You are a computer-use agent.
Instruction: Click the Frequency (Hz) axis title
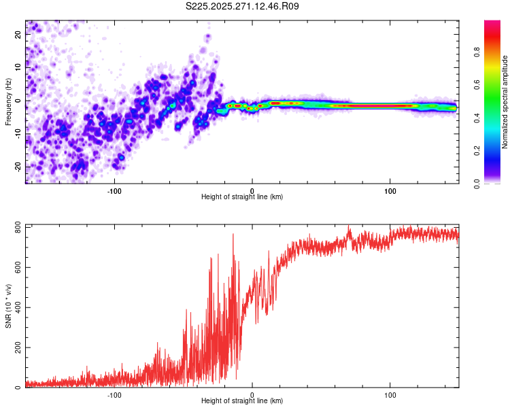(x=8, y=102)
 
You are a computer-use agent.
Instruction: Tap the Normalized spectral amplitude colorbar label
(x=505, y=102)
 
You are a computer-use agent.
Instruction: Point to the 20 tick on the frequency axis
(x=18, y=35)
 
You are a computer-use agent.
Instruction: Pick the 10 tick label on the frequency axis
(x=18, y=68)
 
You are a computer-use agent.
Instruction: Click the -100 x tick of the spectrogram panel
(x=114, y=190)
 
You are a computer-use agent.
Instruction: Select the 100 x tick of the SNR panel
(x=390, y=394)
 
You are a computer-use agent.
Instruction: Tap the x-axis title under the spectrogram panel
(x=242, y=197)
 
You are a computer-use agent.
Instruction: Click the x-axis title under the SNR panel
(x=242, y=401)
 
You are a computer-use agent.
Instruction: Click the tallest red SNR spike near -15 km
(x=233, y=235)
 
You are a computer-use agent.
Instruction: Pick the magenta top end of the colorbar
(x=492, y=23)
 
